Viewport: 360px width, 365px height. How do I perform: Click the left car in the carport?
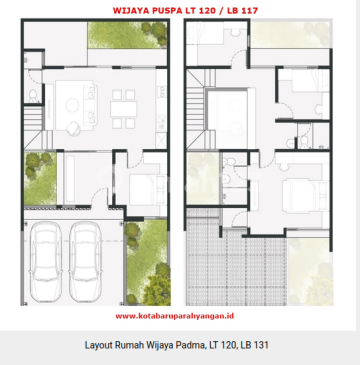(x=45, y=261)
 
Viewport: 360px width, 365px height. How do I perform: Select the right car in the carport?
(x=85, y=261)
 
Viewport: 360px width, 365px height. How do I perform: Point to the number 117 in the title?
(x=248, y=11)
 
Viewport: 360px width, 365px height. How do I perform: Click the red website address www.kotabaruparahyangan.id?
(x=175, y=316)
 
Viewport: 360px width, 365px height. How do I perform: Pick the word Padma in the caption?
(x=191, y=345)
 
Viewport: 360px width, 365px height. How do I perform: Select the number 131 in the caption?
(x=261, y=345)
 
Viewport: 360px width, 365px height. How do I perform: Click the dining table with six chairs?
(x=124, y=109)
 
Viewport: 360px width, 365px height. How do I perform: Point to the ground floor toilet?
(x=33, y=96)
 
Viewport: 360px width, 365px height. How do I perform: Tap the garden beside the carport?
(x=147, y=262)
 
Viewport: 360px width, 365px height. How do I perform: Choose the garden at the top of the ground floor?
(x=127, y=35)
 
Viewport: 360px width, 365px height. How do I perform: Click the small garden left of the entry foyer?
(x=40, y=178)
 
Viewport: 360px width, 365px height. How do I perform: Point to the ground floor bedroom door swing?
(x=136, y=161)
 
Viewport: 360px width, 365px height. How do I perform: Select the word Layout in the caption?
(x=98, y=346)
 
